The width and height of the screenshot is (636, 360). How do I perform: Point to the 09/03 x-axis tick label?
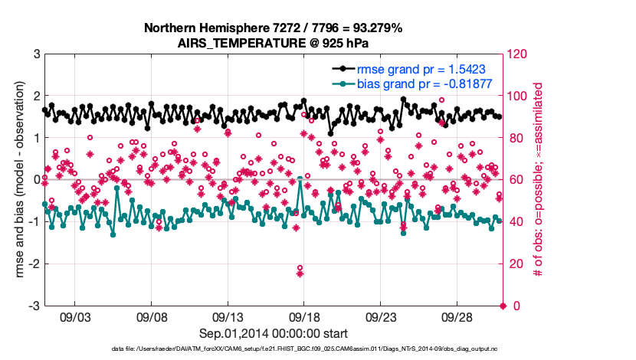[74, 316]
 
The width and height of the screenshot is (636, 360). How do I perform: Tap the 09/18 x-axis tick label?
[303, 316]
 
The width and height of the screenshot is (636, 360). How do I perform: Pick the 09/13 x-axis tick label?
[228, 316]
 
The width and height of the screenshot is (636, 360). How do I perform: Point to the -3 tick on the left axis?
[34, 306]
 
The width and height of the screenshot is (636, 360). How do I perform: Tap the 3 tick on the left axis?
[37, 54]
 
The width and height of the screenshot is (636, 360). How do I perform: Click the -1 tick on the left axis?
[34, 222]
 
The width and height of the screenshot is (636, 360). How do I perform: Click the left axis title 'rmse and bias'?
[17, 180]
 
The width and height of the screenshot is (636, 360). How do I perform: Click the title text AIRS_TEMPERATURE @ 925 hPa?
[273, 42]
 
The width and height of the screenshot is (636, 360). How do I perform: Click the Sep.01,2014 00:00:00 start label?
[273, 333]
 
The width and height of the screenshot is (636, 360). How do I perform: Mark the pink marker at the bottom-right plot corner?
[503, 306]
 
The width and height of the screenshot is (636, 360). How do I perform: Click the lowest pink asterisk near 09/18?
[300, 273]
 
